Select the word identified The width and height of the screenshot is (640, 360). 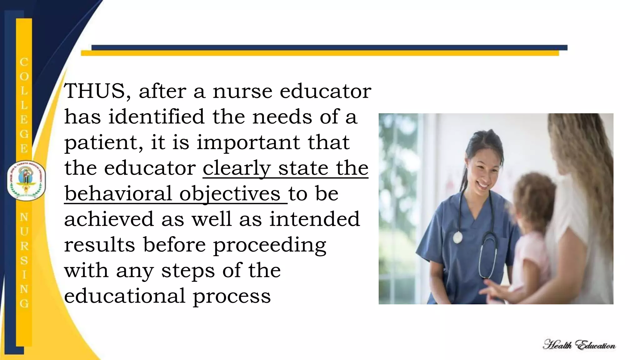click(156, 117)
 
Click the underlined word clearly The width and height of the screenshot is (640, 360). click(237, 168)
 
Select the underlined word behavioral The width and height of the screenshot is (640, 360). click(118, 194)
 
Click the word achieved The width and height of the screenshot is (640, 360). click(109, 219)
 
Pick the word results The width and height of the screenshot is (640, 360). click(99, 245)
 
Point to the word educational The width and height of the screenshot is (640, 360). click(125, 296)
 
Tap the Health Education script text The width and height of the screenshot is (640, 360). click(579, 345)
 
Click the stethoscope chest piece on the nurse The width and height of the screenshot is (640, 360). click(457, 237)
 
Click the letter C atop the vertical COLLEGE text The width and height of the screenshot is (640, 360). click(24, 62)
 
